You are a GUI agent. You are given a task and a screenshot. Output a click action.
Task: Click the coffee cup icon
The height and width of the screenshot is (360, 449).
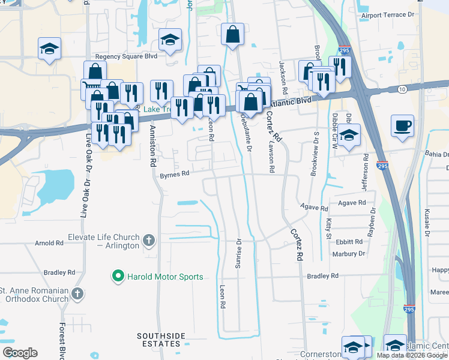pyautogui.click(x=402, y=127)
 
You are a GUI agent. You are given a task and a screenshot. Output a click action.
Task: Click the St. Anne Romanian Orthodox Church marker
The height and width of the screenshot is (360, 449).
pyautogui.click(x=76, y=293)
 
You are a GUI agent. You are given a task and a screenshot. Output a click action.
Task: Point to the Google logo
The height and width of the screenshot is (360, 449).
pyautogui.click(x=20, y=353)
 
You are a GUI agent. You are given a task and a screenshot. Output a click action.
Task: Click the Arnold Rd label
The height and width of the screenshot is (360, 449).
pyautogui.click(x=49, y=243)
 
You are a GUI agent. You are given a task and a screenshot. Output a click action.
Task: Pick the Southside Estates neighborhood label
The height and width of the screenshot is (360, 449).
pyautogui.click(x=158, y=340)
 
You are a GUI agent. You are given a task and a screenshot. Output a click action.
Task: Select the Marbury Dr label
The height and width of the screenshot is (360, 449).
pyautogui.click(x=348, y=254)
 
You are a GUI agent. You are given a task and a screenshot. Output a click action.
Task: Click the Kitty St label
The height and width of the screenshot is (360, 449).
pyautogui.click(x=328, y=228)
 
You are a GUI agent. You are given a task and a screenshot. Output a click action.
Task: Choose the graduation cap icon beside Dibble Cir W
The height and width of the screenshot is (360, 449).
pyautogui.click(x=349, y=135)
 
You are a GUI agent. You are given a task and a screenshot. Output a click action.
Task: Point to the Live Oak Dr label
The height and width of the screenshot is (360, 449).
pyautogui.click(x=84, y=198)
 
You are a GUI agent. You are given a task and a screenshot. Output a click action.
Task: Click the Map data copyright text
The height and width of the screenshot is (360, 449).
pyautogui.click(x=412, y=355)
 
